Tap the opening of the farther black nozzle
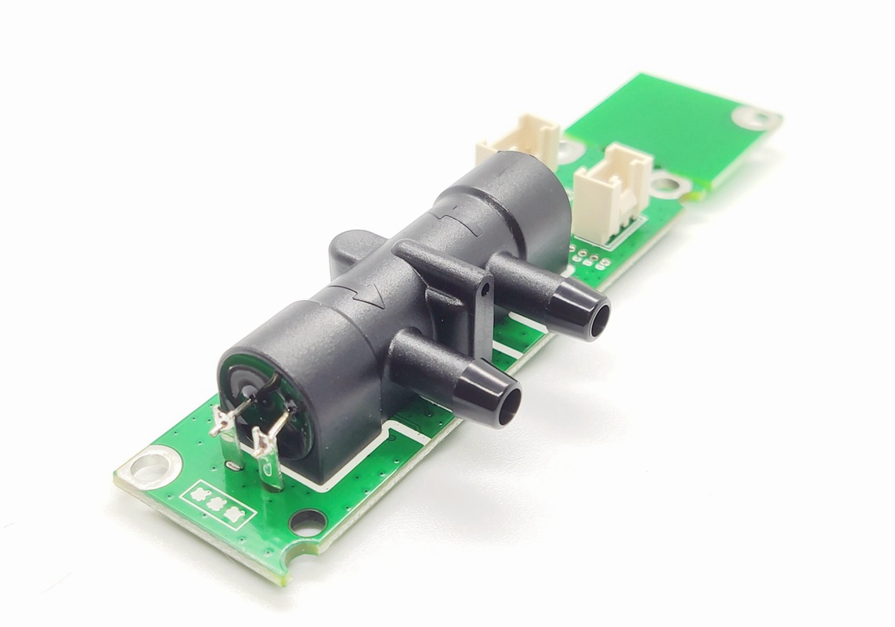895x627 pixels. pyautogui.click(x=598, y=321)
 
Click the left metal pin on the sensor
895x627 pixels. pyautogui.click(x=222, y=427)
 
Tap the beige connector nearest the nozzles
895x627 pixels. pyautogui.click(x=613, y=190)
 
